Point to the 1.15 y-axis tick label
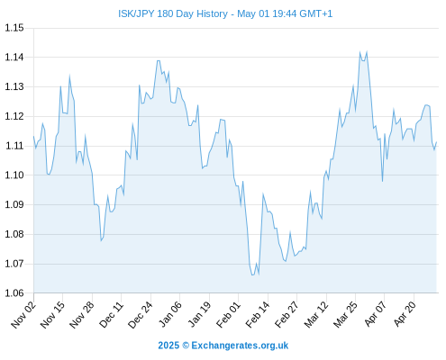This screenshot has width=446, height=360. (14, 28)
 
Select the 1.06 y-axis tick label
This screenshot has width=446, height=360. (14, 293)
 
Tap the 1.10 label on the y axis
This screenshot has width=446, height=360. (14, 175)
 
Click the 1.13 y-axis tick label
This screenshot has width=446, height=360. (14, 87)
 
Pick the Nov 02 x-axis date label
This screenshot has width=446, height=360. (23, 314)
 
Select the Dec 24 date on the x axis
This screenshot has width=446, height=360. (141, 314)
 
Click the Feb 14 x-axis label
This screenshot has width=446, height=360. (258, 314)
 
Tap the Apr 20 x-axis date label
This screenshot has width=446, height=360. (405, 314)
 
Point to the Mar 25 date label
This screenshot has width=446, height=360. (345, 314)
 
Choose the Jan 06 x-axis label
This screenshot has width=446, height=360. (170, 314)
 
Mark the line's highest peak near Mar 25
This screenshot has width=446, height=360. (360, 52)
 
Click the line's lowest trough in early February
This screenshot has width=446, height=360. (252, 274)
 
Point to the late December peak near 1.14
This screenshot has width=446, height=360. (159, 61)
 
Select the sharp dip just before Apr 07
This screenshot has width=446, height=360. (382, 181)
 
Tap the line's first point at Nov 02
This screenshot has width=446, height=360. (33, 137)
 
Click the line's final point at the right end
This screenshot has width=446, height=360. (436, 142)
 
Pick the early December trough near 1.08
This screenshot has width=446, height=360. (101, 240)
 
